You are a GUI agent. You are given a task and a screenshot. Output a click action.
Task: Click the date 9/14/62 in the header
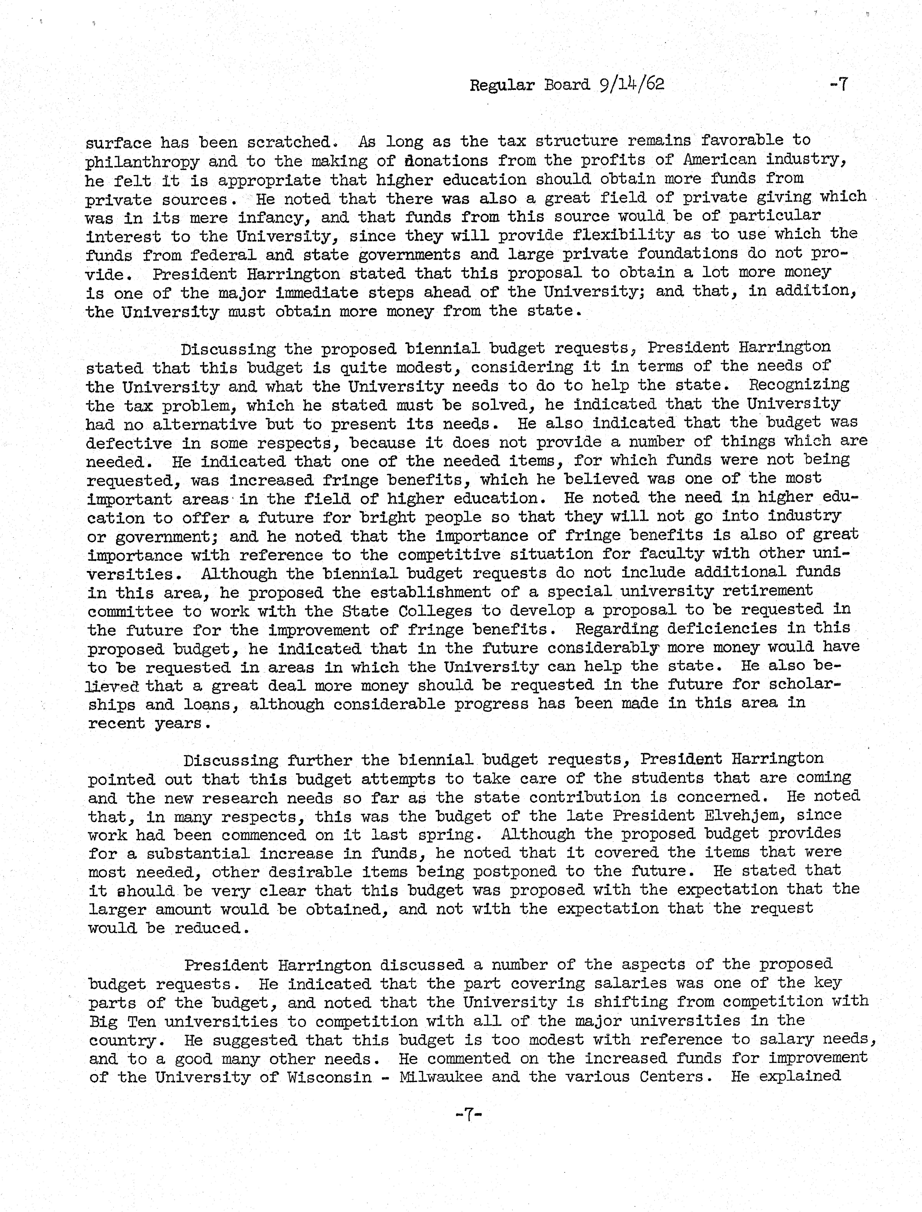click(631, 85)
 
